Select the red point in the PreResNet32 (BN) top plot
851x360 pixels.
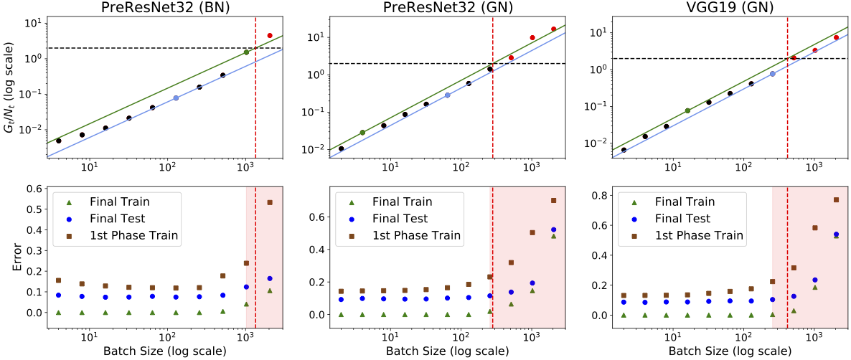pos(270,35)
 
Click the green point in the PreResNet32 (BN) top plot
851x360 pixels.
pos(246,52)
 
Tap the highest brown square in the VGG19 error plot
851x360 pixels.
pos(836,199)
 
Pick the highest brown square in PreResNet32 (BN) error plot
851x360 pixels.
pos(270,202)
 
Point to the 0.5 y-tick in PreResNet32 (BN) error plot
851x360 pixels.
pos(34,209)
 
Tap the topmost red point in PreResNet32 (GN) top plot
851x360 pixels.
pos(553,29)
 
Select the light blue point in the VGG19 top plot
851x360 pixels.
pos(773,74)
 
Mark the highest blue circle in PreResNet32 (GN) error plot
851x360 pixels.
pos(553,229)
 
